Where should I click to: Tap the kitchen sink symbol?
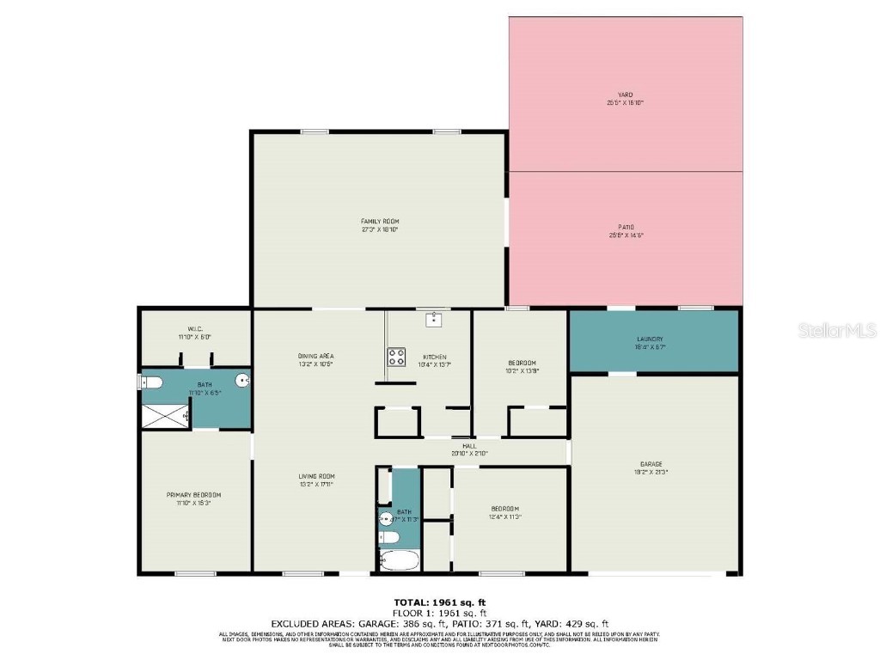tap(433, 320)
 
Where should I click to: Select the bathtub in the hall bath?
tap(398, 561)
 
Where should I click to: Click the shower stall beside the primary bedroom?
tap(165, 416)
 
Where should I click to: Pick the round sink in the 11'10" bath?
tap(242, 379)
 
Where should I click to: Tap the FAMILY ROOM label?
tap(379, 222)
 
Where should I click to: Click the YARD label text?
tap(625, 95)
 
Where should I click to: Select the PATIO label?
tap(625, 228)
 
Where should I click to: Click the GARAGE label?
tap(651, 464)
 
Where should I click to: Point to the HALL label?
tap(469, 446)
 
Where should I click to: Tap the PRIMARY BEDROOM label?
tap(193, 495)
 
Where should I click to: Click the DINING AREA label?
tap(315, 356)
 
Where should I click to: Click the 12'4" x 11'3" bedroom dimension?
tap(504, 516)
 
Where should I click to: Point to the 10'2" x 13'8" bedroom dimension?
tap(522, 371)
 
